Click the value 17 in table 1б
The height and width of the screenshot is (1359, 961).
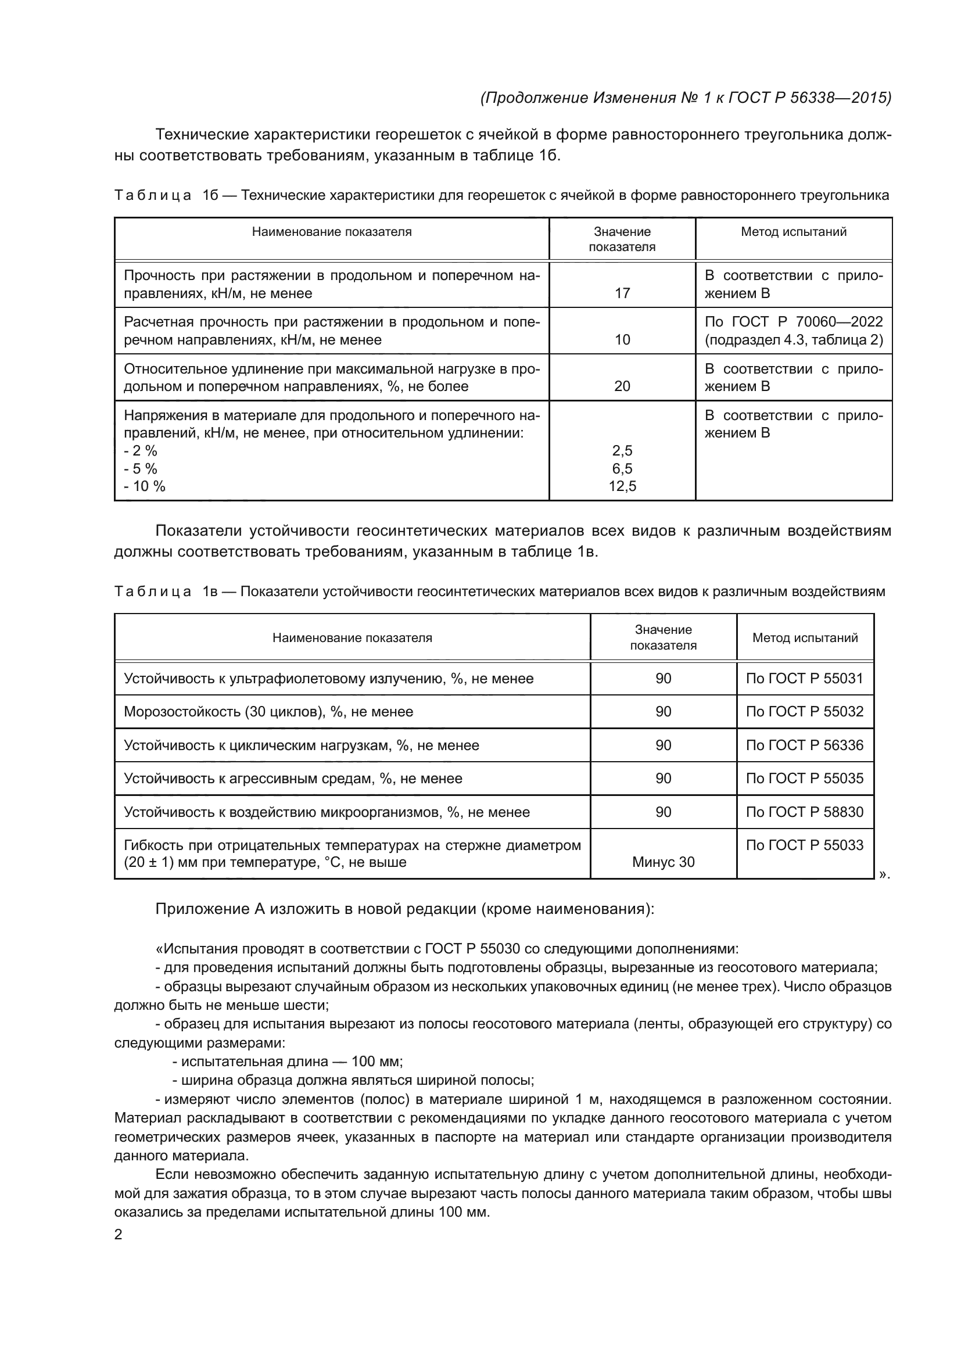[622, 293]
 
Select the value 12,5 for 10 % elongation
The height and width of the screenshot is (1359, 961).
[622, 486]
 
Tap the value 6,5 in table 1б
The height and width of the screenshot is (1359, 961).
[622, 469]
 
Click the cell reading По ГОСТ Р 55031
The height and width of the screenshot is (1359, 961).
[804, 678]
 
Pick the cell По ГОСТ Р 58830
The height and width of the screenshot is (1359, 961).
[804, 812]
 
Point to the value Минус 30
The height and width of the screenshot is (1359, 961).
[663, 862]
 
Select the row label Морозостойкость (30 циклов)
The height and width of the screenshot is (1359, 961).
[268, 712]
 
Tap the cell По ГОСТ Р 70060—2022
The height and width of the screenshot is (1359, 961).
[794, 322]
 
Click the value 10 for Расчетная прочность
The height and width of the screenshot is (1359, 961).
[622, 340]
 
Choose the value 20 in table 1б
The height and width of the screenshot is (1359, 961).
[622, 386]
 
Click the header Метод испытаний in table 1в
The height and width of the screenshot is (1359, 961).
[805, 637]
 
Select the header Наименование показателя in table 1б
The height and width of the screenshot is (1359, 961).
[331, 232]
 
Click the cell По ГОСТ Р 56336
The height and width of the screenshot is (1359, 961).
[804, 745]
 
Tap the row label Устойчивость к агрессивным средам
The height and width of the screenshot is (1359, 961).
[293, 779]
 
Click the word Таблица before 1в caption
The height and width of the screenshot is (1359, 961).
[153, 592]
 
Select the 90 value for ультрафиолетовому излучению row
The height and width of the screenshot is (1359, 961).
[663, 678]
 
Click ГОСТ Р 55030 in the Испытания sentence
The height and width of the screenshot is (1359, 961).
[472, 949]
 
